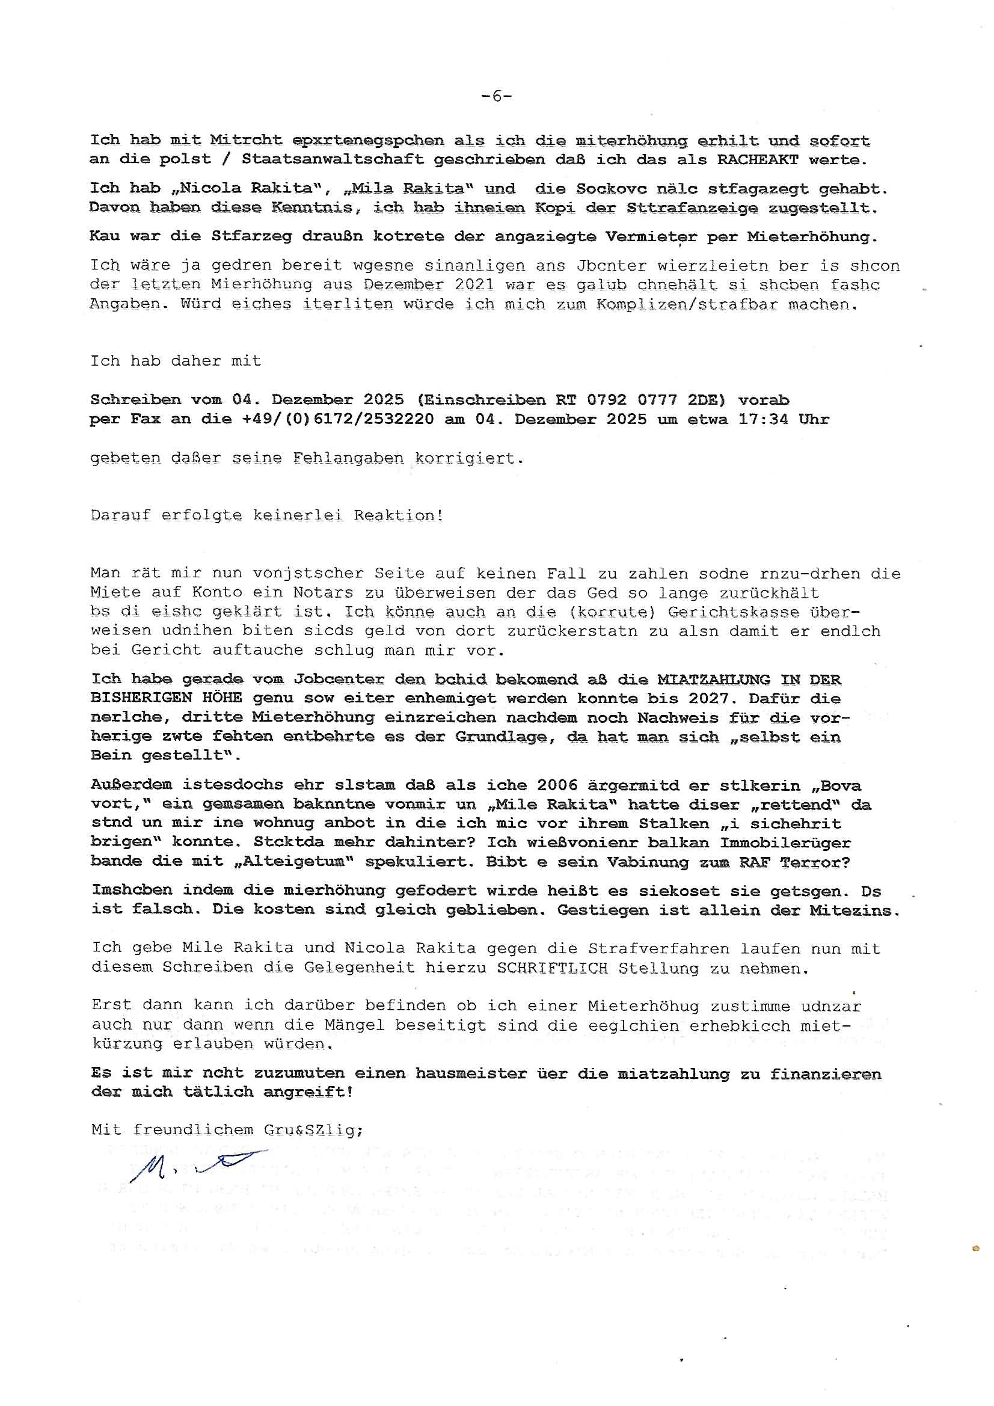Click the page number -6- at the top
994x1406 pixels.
497,96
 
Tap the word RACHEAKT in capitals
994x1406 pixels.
758,160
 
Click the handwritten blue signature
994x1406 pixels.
196,1168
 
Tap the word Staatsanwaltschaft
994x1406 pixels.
333,160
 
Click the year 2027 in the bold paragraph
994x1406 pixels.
708,698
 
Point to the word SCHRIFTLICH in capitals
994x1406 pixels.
552,968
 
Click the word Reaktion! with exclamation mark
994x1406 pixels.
398,515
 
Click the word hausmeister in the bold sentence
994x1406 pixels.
470,1073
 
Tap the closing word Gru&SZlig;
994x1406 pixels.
313,1130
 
